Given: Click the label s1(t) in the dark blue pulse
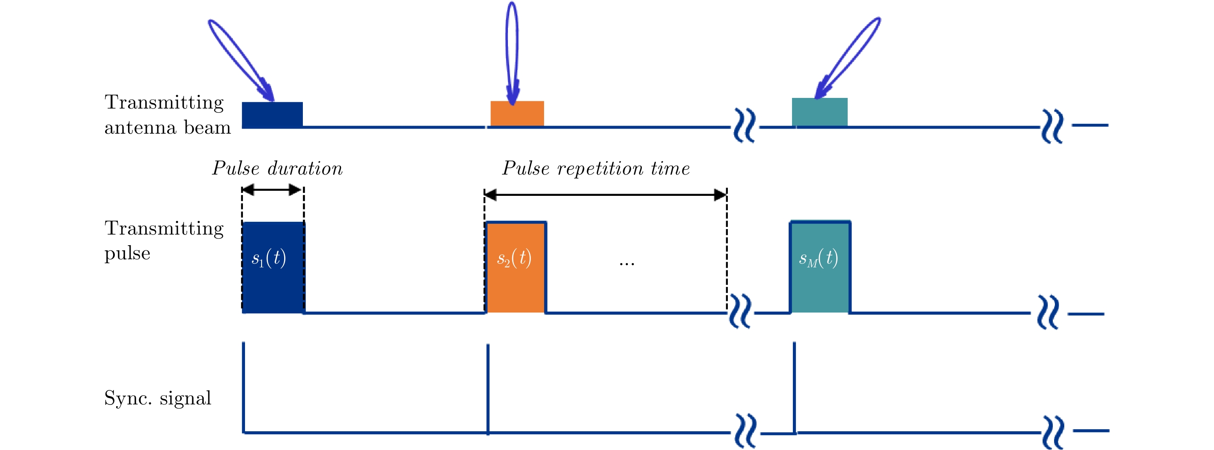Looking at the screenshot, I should (269, 258).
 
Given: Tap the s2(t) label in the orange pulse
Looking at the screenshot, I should (514, 258).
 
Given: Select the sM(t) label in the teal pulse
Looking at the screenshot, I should (818, 258).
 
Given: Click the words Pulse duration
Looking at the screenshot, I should (277, 169).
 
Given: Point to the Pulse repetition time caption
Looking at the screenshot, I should (596, 169).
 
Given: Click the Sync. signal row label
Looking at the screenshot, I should (157, 398).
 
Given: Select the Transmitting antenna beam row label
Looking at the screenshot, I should (167, 115).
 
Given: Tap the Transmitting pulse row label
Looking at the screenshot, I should (163, 241).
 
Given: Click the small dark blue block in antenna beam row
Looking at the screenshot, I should (272, 115).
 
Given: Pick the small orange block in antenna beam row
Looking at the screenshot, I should (517, 114).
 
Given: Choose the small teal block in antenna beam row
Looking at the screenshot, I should (820, 112).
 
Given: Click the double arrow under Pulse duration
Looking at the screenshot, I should (272, 190).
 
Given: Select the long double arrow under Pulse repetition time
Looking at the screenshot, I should (605, 194).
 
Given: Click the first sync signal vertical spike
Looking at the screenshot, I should (244, 387).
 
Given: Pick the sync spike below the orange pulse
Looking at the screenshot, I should (488, 389).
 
